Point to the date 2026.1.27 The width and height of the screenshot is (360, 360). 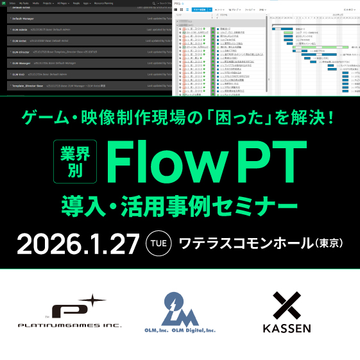[78, 243]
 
